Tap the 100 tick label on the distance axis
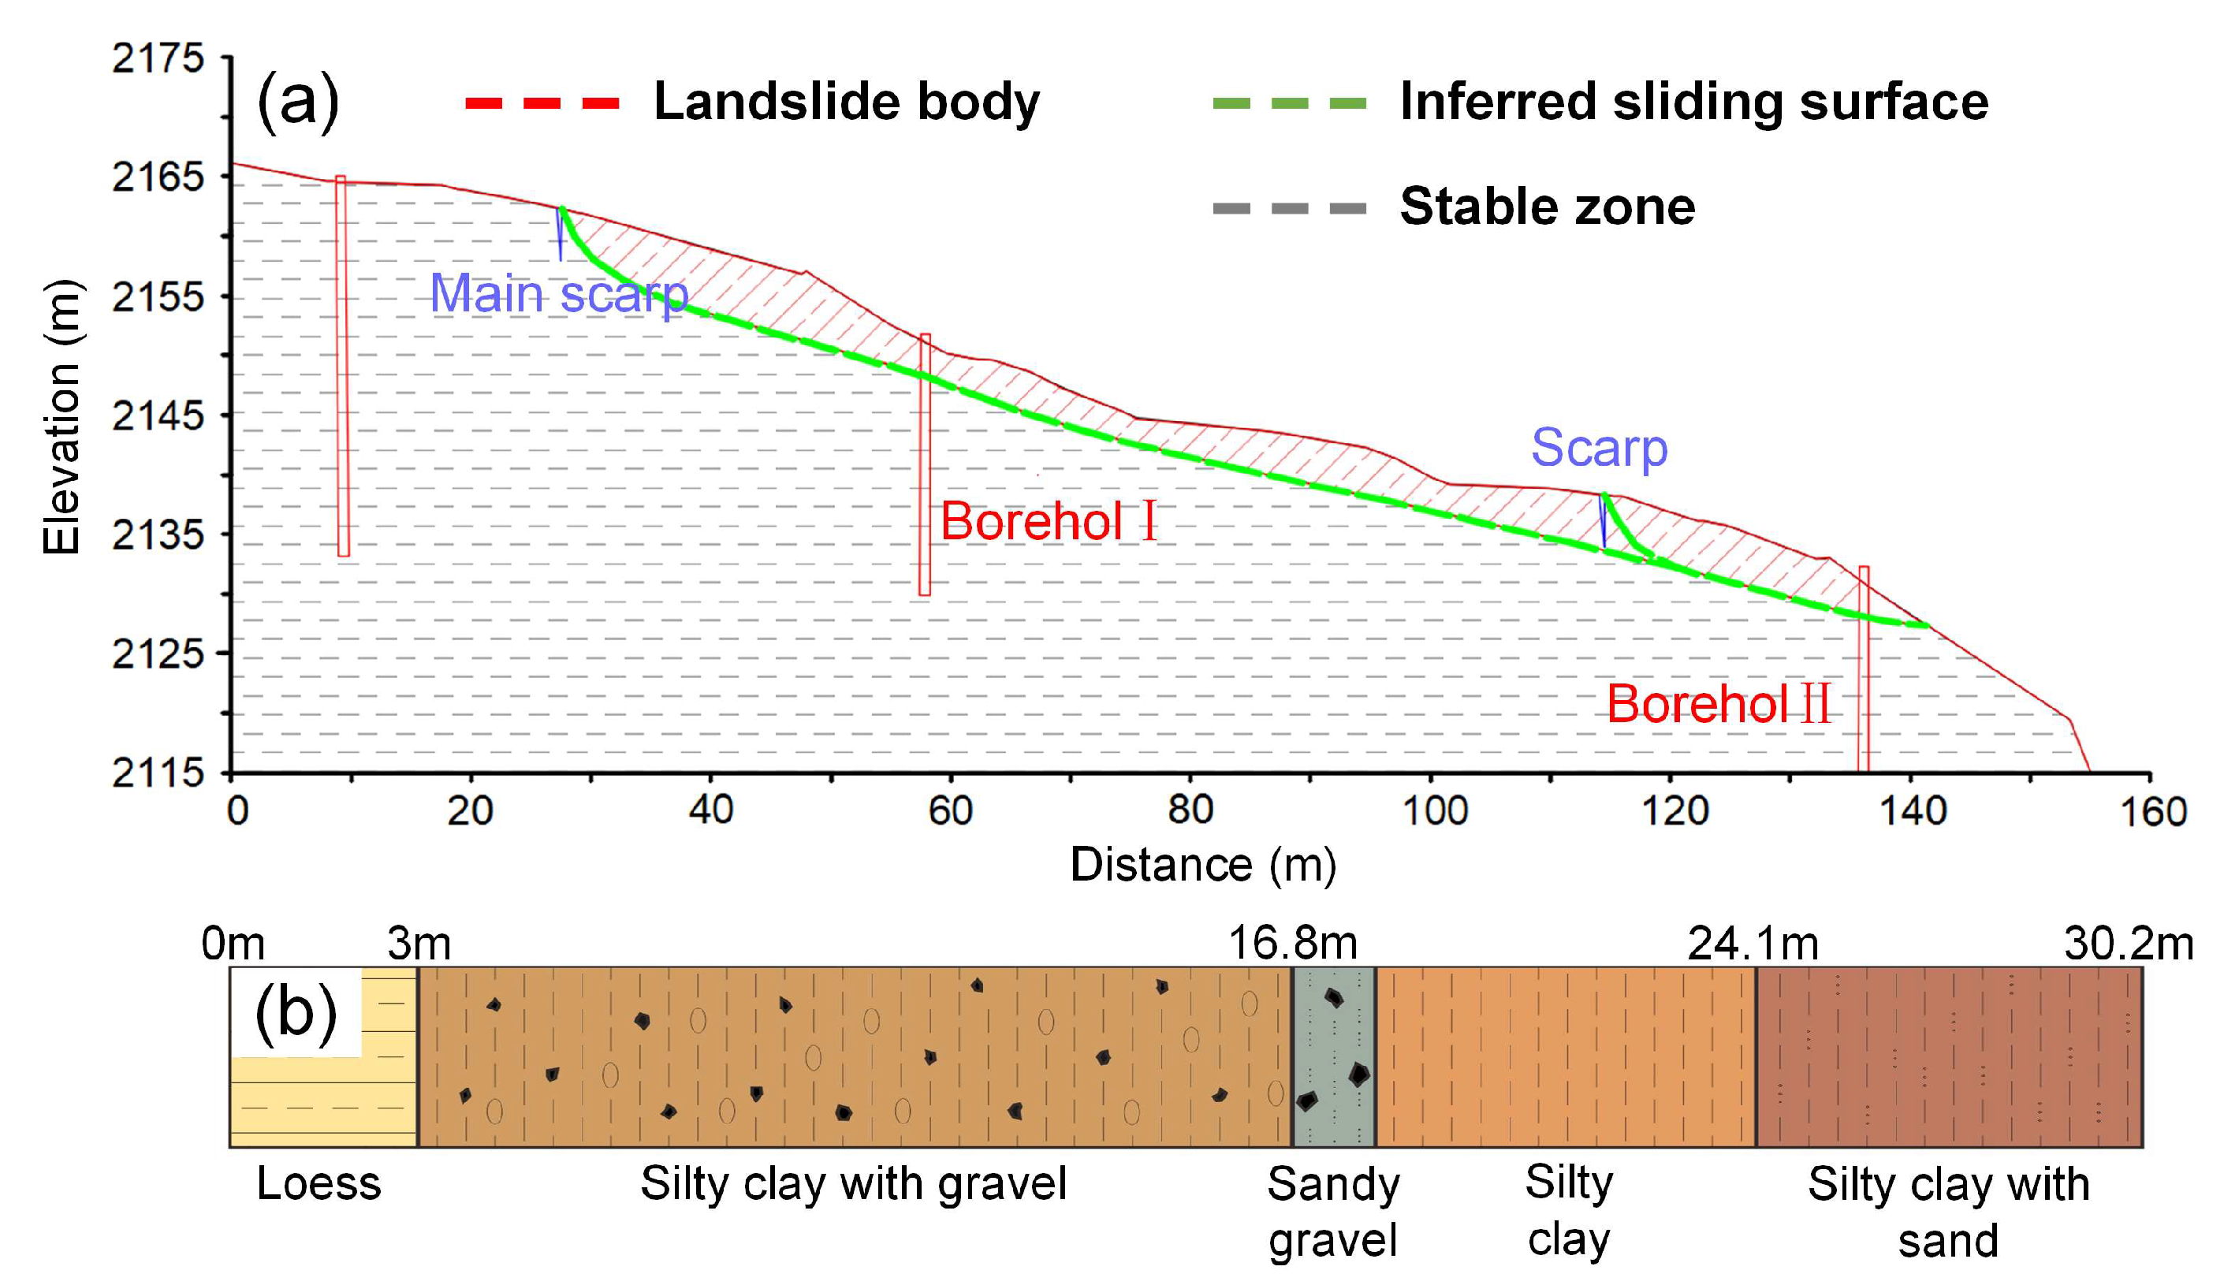(x=1435, y=810)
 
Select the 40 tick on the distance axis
(x=710, y=810)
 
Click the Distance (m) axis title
(x=1203, y=866)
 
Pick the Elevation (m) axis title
(x=61, y=416)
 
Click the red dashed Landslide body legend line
(x=542, y=103)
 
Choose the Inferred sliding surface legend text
(x=1693, y=102)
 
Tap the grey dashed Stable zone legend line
(x=1290, y=208)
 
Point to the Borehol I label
(x=1048, y=521)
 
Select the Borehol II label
(x=1717, y=704)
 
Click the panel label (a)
(x=297, y=102)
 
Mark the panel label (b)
(x=296, y=1012)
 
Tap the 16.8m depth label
(x=1292, y=944)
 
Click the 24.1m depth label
(x=1753, y=944)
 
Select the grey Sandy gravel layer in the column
(x=1333, y=1056)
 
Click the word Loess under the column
(x=319, y=1183)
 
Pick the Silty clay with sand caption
(x=1948, y=1212)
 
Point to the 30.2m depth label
(x=2129, y=944)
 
